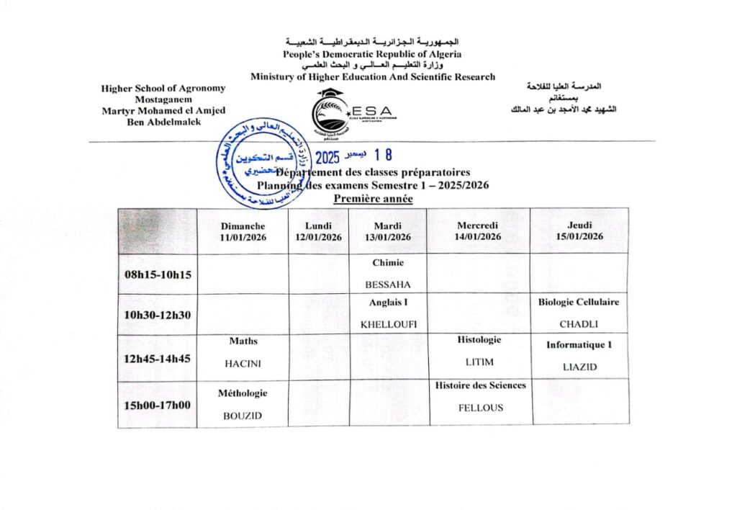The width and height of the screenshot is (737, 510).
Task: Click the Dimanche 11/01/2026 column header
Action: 243,231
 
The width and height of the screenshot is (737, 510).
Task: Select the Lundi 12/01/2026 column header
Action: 318,231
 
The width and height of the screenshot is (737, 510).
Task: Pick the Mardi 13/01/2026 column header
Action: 388,231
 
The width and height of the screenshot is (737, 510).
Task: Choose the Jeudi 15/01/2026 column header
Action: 579,231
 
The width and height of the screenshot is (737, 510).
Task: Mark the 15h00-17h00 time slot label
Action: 157,405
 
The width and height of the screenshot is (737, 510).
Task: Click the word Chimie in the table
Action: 388,263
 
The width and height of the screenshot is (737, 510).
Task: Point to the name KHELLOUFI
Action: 389,324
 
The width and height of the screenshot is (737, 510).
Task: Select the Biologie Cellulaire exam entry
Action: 579,303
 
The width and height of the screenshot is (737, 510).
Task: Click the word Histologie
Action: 479,339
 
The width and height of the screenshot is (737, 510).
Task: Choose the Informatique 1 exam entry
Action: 579,345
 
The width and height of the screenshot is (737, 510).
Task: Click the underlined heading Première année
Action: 374,199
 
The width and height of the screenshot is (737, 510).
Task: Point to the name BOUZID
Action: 243,416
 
